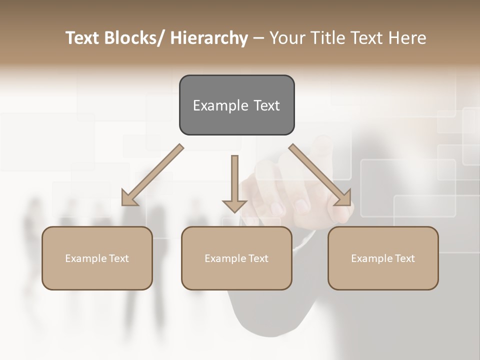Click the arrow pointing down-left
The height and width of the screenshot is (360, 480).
(152, 175)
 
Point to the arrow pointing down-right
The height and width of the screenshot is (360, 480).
(320, 175)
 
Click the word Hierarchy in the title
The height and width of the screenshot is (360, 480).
(209, 38)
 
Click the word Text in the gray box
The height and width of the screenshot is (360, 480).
(266, 105)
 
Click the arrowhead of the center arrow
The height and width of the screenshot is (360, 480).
(234, 205)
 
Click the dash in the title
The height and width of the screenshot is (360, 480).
(258, 38)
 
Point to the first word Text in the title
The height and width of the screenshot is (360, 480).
(83, 38)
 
